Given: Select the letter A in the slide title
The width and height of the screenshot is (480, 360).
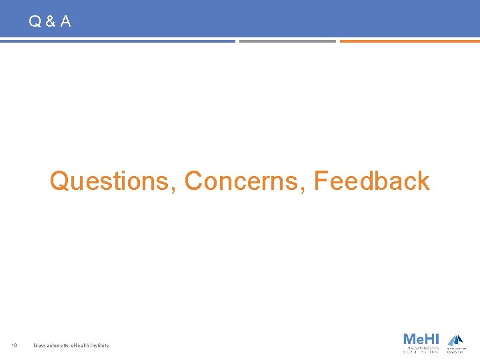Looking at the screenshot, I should pos(65,22).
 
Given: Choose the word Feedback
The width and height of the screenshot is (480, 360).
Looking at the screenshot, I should pos(371,181).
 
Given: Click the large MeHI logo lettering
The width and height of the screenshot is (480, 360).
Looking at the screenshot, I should pos(421,339).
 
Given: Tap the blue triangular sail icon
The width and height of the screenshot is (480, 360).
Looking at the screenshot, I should pos(455,339).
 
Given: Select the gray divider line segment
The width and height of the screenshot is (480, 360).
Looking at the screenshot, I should pos(287,41).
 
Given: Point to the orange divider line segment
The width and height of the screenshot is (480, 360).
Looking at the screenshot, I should pos(409,41).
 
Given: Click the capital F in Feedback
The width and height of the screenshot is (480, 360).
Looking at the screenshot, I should pos(321,181).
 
